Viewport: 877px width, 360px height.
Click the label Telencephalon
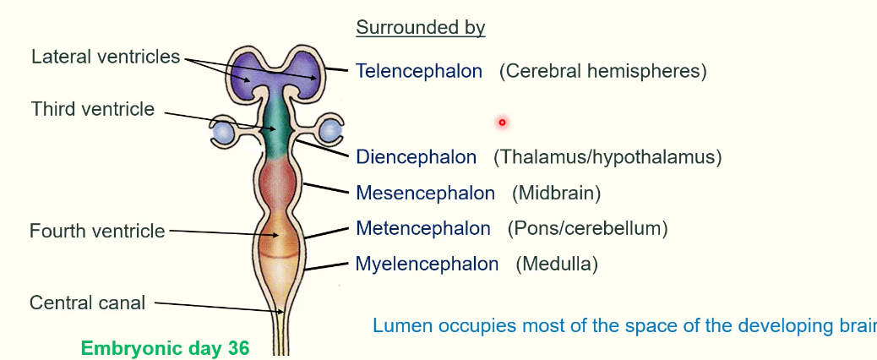coord(419,71)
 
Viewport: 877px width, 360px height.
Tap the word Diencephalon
coord(416,157)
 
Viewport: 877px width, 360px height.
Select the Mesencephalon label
coord(425,194)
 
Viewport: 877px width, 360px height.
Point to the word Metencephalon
coord(422,228)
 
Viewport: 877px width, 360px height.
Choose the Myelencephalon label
coord(427,265)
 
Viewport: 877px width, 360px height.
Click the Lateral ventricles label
coord(106,57)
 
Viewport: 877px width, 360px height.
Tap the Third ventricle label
coord(93,109)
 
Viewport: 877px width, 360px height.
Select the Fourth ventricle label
coord(97,231)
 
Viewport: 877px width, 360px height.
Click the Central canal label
coord(88,303)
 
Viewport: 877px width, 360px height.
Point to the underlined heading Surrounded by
coord(420,28)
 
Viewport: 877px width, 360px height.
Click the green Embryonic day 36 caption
coord(165,348)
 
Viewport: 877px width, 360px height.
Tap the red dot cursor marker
coord(502,123)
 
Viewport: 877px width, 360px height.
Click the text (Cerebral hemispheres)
coord(602,71)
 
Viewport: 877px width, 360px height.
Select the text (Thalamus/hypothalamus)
coord(607,157)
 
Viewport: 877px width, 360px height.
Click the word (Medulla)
coord(557,265)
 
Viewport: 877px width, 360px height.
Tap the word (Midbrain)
coord(556,194)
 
